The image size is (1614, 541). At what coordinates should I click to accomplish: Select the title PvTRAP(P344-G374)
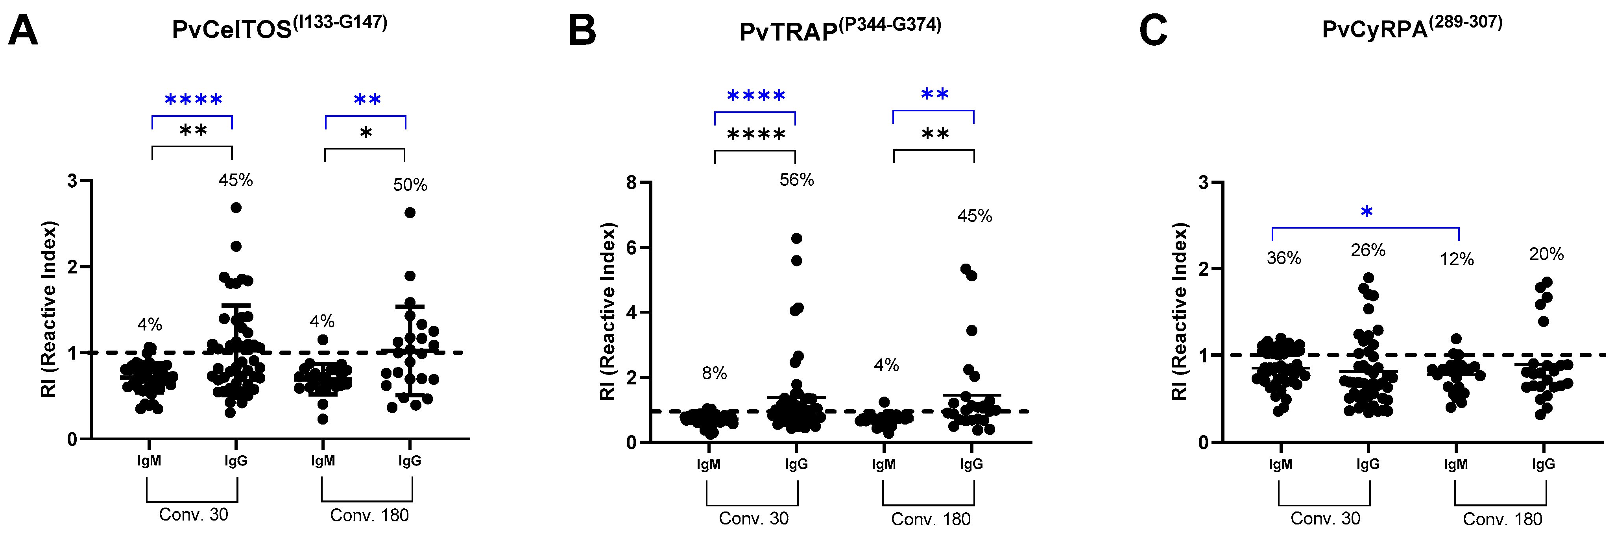click(x=840, y=30)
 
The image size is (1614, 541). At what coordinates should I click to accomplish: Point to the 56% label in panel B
click(x=796, y=180)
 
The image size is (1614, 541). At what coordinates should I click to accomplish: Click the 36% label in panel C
click(x=1284, y=258)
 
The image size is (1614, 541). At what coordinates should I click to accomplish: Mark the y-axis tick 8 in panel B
click(x=632, y=183)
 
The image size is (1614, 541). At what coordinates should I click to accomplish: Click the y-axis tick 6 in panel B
click(x=632, y=247)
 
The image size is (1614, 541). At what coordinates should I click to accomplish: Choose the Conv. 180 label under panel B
click(x=931, y=519)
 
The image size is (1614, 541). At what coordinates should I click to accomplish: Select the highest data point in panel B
click(x=796, y=238)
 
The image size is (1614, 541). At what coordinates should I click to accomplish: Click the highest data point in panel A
click(x=236, y=207)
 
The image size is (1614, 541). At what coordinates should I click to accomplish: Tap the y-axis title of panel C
click(x=1179, y=312)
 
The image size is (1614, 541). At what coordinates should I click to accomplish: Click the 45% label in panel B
click(x=974, y=216)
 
